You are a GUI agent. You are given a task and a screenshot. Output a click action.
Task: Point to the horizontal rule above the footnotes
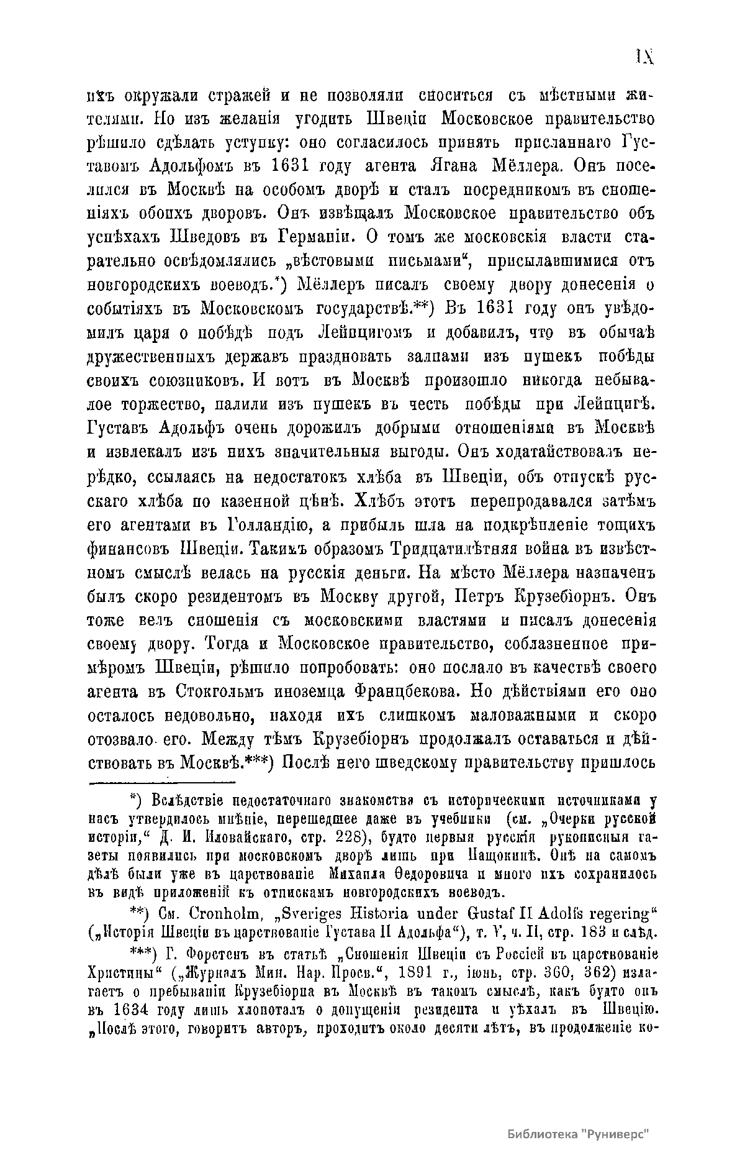pos(161,781)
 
